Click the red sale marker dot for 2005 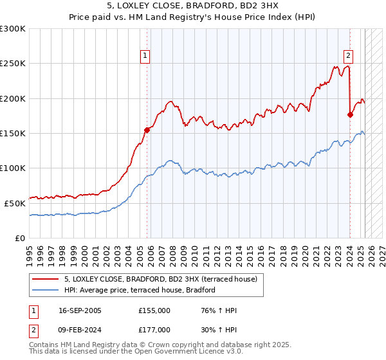click(147, 130)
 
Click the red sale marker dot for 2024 click(350, 115)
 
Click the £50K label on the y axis click(15, 203)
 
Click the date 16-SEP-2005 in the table click(80, 310)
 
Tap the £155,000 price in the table click(154, 310)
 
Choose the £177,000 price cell click(154, 329)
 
